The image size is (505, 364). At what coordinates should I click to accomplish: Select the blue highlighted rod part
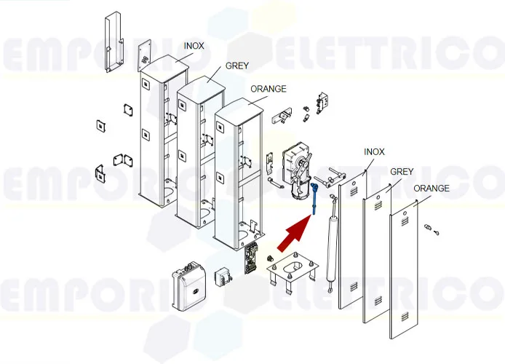pos(314,199)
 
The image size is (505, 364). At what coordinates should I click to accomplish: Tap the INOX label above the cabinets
pos(194,46)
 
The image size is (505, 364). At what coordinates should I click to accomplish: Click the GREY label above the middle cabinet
pos(237,66)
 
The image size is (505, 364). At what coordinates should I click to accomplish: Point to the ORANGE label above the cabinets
pos(269,89)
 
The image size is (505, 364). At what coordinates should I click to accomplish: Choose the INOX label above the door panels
pos(374,151)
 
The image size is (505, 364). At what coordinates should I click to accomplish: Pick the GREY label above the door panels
pos(402,172)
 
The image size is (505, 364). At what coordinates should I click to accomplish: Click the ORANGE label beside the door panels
pos(432,188)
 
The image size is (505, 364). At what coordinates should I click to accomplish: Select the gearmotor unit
pos(297,169)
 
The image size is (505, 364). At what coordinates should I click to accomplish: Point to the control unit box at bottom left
pos(188,285)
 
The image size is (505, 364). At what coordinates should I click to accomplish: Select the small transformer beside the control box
pos(222,277)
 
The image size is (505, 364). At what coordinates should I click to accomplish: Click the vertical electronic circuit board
pos(250,258)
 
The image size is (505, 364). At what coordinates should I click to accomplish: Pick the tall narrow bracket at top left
pos(114,42)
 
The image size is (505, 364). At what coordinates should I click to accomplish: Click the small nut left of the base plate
pos(270,258)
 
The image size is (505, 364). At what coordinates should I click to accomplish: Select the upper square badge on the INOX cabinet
pos(145,84)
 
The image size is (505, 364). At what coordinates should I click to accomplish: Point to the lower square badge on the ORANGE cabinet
pos(220,177)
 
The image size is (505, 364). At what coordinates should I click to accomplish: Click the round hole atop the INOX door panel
pos(354,183)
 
